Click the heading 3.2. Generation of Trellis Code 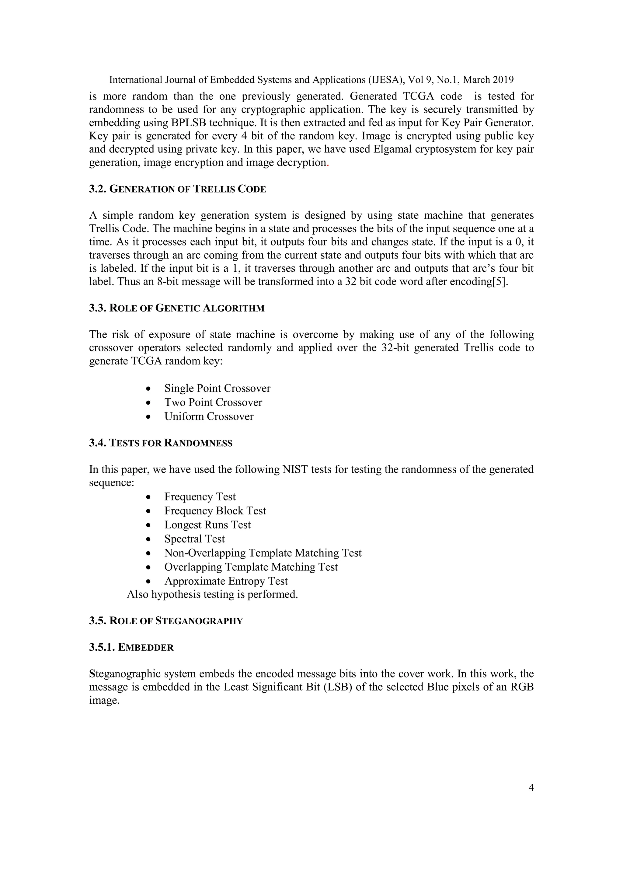click(x=177, y=189)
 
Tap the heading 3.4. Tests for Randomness click(x=160, y=443)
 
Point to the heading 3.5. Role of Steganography click(x=166, y=621)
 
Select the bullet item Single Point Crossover click(x=217, y=388)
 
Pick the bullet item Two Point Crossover click(x=213, y=402)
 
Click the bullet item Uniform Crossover click(x=209, y=417)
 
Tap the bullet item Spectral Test click(x=194, y=539)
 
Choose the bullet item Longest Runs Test click(x=207, y=525)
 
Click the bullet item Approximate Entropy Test click(x=226, y=581)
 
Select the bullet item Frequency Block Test click(x=215, y=511)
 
